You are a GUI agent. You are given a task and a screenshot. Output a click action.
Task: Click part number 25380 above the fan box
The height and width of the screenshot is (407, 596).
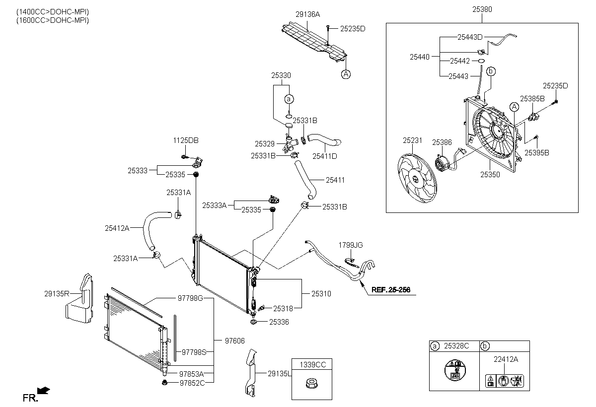(x=482, y=9)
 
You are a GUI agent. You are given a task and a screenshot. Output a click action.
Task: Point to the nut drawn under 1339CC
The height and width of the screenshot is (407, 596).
(x=311, y=384)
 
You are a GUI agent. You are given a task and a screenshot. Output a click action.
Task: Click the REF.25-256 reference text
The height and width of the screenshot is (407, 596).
(x=390, y=289)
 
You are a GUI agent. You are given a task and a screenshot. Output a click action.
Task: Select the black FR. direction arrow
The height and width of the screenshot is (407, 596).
(x=43, y=390)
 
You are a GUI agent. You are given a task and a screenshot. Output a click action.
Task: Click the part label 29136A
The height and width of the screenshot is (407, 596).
(x=307, y=14)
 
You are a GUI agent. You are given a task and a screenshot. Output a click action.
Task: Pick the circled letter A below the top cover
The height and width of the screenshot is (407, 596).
(x=346, y=74)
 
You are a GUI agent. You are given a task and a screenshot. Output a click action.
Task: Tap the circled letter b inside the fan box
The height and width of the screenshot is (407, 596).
(x=491, y=71)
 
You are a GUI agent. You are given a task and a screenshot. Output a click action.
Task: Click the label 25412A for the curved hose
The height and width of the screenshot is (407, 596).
(x=117, y=228)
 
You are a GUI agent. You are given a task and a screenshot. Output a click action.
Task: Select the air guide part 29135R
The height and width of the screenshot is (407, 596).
(x=80, y=298)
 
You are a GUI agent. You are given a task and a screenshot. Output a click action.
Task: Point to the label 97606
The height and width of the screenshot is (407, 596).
(x=234, y=341)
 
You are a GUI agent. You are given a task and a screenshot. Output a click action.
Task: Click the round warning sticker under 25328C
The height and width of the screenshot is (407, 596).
(x=455, y=370)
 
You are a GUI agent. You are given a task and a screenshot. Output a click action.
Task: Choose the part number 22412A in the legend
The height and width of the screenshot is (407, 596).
(x=506, y=359)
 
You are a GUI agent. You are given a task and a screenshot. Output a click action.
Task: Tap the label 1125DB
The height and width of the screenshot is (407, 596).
(x=186, y=140)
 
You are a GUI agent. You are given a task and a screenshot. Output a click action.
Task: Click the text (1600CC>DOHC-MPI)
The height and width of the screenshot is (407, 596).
(x=53, y=20)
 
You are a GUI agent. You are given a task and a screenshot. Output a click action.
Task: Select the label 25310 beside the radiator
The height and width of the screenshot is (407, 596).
(x=321, y=294)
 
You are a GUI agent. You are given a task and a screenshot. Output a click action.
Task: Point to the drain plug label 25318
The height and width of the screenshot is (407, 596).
(x=283, y=309)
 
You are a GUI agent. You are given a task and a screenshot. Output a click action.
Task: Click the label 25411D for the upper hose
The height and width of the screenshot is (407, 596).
(x=325, y=156)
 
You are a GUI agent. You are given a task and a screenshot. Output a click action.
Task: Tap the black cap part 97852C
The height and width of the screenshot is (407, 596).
(x=164, y=383)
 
